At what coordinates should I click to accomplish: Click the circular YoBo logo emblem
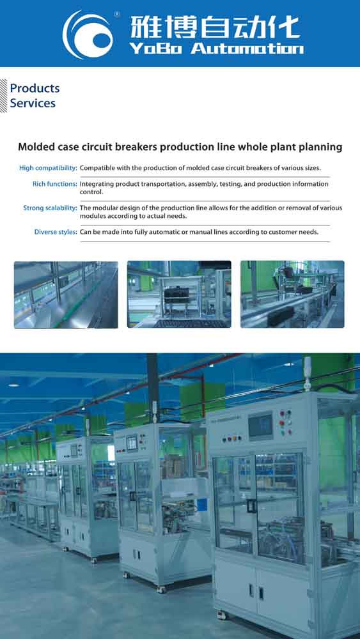click(87, 35)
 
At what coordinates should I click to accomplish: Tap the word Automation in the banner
click(247, 49)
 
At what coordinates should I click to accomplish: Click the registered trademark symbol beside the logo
click(117, 14)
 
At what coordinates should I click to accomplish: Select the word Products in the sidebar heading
click(35, 88)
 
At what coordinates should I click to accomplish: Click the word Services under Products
click(33, 103)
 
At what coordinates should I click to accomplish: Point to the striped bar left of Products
click(4, 96)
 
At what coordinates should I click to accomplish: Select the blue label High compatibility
click(48, 168)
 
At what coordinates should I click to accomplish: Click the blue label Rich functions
click(54, 184)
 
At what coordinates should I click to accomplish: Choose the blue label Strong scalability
click(50, 208)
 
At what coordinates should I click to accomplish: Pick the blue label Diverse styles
click(56, 232)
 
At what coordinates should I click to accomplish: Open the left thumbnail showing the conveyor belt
click(66, 295)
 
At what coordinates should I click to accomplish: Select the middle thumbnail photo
click(179, 294)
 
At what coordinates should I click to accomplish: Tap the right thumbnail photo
click(292, 294)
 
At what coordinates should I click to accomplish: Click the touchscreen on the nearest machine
click(260, 426)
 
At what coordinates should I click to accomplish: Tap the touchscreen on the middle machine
click(131, 443)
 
